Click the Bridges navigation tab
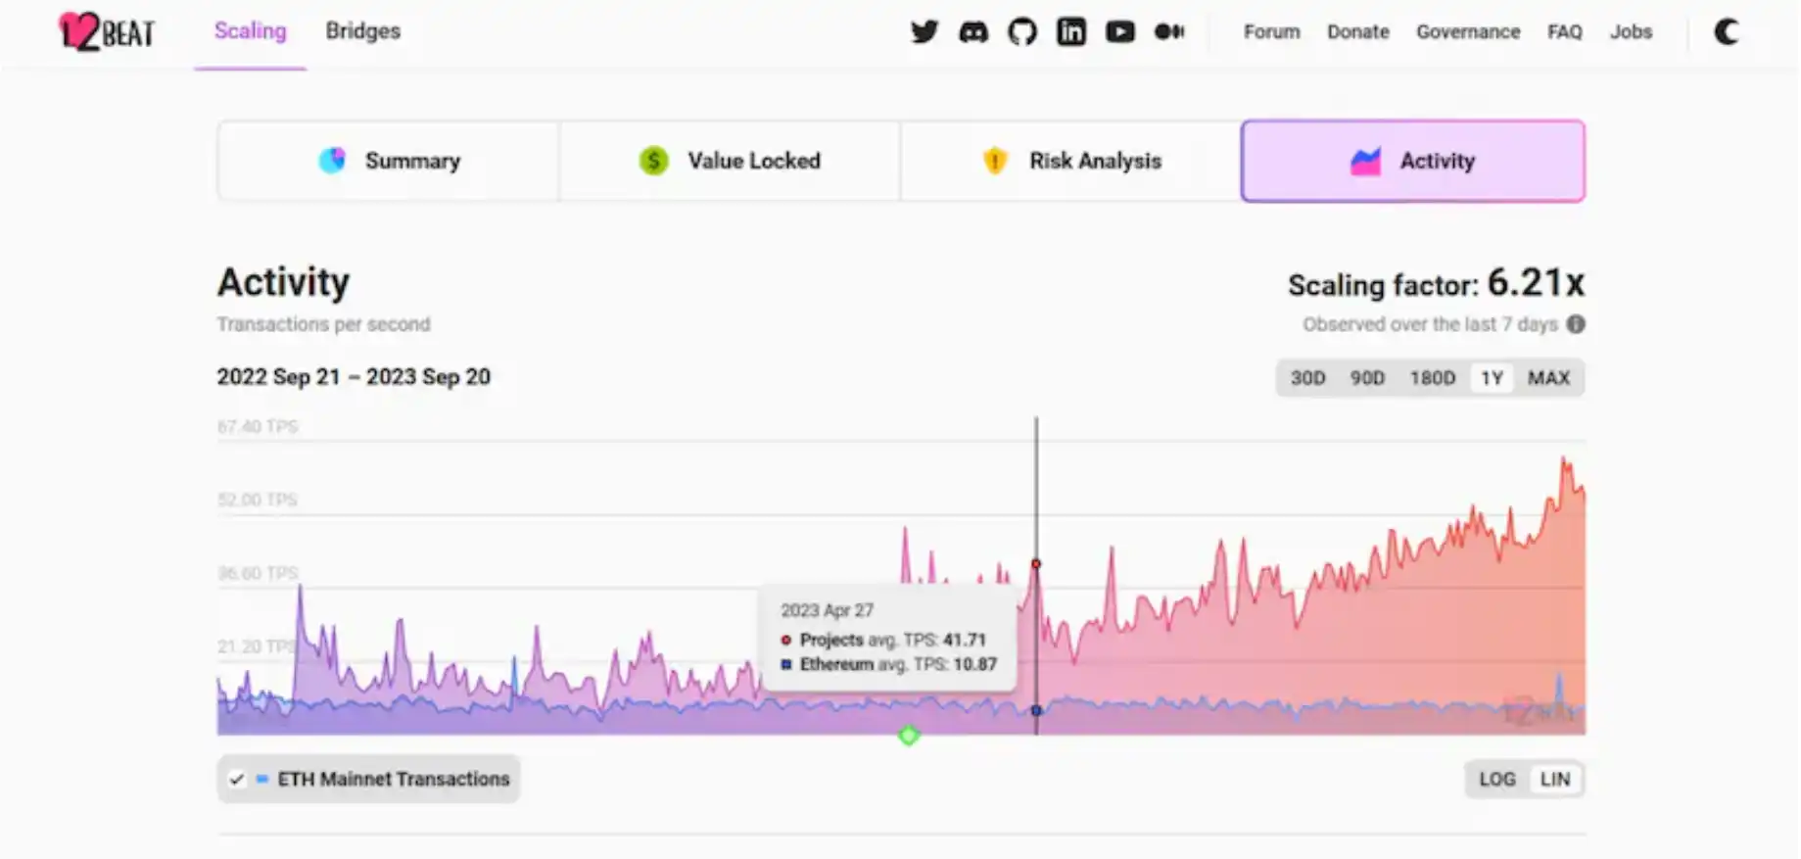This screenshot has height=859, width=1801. click(362, 31)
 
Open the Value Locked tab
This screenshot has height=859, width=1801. click(730, 161)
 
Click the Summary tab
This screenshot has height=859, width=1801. click(389, 161)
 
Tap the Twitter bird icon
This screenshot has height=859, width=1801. click(924, 32)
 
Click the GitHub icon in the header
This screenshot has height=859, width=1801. click(1021, 32)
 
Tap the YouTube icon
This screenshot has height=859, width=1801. click(1119, 32)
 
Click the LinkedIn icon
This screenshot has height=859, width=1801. click(1070, 32)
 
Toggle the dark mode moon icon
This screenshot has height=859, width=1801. click(1727, 32)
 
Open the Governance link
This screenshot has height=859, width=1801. click(1467, 32)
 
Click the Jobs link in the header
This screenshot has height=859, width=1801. click(1631, 32)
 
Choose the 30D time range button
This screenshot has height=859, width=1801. click(1307, 378)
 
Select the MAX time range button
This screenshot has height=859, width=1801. click(1548, 378)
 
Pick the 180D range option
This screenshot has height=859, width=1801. click(1432, 378)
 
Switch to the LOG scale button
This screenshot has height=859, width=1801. click(1496, 780)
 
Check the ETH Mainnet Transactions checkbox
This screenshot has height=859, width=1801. click(236, 780)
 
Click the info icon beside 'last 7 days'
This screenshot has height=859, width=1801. click(1576, 324)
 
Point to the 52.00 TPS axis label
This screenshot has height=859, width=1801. click(258, 500)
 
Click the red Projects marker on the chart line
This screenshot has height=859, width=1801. click(1036, 564)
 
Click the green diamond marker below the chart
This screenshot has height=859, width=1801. click(909, 736)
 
